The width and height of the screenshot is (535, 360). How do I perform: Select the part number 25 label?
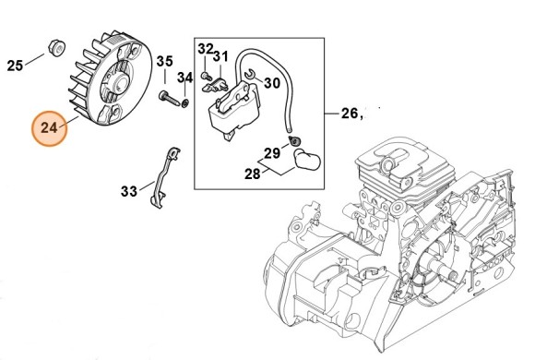[15, 65]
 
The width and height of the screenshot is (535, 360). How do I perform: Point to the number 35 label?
[163, 62]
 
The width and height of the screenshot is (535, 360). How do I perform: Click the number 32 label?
[206, 48]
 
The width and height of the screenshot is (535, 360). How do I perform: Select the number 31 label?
[220, 57]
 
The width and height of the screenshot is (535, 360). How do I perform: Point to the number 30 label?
[272, 82]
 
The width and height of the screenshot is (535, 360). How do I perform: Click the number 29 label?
[271, 152]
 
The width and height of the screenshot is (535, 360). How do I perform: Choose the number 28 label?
[251, 173]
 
